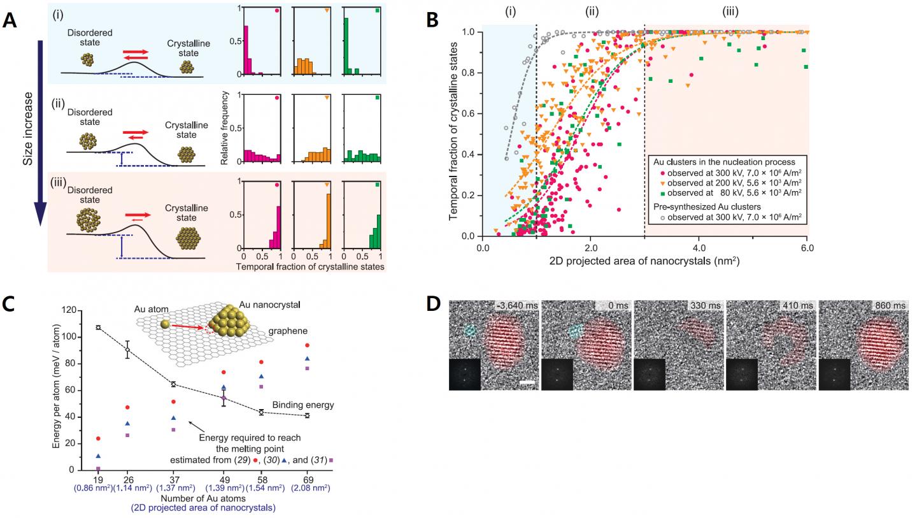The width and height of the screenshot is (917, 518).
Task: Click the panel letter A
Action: [x=10, y=20]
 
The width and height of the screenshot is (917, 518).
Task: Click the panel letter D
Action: [x=434, y=304]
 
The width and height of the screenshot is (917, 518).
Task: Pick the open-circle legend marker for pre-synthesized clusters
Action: [x=664, y=218]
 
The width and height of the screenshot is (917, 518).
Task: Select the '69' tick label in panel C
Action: [x=307, y=479]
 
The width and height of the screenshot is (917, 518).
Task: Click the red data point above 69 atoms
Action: [x=307, y=345]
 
